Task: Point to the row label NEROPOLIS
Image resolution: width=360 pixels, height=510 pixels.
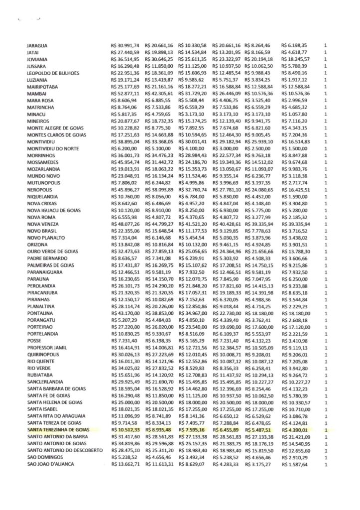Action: (x=40, y=190)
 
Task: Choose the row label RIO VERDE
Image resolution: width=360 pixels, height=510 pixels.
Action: (x=40, y=368)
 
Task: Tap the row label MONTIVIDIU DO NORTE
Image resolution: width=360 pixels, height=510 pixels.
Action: (x=52, y=148)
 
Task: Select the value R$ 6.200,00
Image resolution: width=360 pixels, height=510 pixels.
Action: (x=124, y=148)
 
